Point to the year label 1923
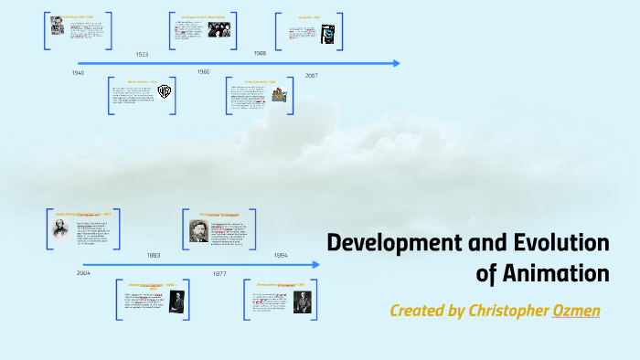click(x=142, y=55)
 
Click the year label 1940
click(x=78, y=72)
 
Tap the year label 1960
click(x=203, y=71)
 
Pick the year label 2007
click(x=311, y=75)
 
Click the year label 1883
click(x=154, y=255)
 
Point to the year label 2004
click(x=83, y=272)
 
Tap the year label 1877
click(x=219, y=273)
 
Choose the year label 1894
click(x=280, y=255)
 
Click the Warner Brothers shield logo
click(x=165, y=90)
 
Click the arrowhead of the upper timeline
click(x=396, y=63)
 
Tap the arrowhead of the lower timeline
click(x=316, y=265)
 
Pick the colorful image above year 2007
click(x=278, y=95)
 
